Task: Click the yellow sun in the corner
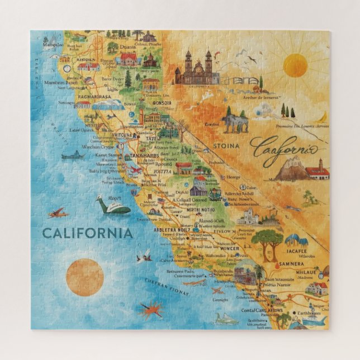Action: pos(295,65)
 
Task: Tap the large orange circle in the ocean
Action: pos(85,277)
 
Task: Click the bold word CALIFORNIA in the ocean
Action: pos(88,233)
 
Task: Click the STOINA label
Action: pos(225,146)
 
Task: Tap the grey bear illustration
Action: pos(234,121)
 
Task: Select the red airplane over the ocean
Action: pos(57,213)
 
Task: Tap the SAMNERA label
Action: pos(292,263)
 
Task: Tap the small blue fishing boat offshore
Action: pos(73,155)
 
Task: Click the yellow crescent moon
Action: pos(324,116)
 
